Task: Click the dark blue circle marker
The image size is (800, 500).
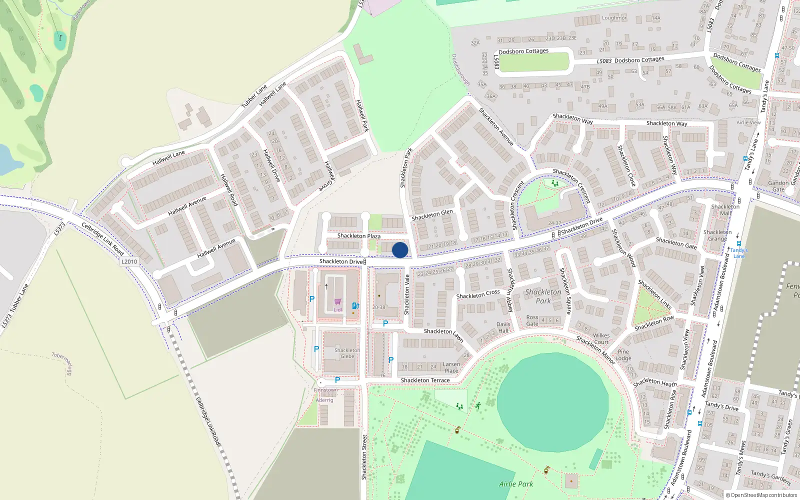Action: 400,250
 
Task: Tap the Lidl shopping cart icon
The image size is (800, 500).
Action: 338,302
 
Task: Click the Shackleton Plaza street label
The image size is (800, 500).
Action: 358,236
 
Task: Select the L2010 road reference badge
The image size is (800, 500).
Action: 129,261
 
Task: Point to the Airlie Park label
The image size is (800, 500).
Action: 516,484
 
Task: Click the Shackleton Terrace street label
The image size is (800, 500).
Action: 425,380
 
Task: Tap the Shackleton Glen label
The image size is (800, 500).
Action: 432,215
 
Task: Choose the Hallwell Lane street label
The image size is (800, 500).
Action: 168,158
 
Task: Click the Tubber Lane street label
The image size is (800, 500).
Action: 254,96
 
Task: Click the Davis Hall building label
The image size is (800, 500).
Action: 503,327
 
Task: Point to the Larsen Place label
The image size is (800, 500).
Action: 451,367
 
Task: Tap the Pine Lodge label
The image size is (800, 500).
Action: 623,355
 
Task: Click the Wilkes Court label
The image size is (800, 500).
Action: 601,339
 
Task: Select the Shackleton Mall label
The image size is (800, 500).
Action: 725,210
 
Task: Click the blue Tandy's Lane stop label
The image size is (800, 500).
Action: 739,253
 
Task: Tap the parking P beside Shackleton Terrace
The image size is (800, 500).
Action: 337,380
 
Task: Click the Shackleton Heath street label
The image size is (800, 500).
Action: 655,382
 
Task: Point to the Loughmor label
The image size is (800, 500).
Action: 614,18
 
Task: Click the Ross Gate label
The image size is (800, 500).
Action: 532,320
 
